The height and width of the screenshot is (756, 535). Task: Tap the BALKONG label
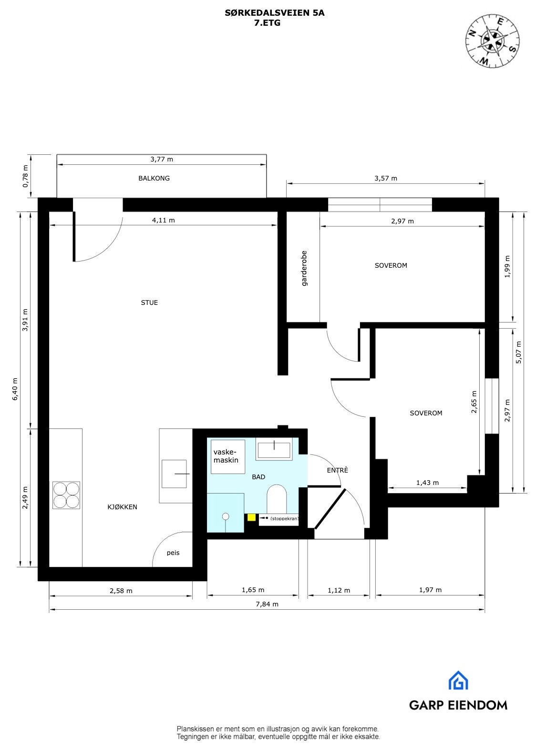pyautogui.click(x=154, y=178)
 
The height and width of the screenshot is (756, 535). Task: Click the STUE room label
pyautogui.click(x=149, y=302)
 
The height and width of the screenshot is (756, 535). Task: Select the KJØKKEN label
pyautogui.click(x=122, y=507)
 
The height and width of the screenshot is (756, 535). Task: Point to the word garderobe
pyautogui.click(x=304, y=268)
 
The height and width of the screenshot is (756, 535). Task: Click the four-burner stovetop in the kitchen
pyautogui.click(x=66, y=495)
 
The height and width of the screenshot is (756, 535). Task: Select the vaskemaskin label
pyautogui.click(x=226, y=456)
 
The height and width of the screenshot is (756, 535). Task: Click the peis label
pyautogui.click(x=173, y=553)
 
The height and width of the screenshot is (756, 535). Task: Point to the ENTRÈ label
pyautogui.click(x=338, y=470)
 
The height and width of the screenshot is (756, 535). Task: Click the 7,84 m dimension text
pyautogui.click(x=267, y=604)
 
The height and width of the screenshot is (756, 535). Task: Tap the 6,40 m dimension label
pyautogui.click(x=15, y=389)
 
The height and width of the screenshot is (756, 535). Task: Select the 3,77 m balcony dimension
pyautogui.click(x=162, y=159)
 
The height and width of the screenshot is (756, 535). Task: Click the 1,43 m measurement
pyautogui.click(x=427, y=483)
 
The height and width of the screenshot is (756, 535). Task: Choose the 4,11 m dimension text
pyautogui.click(x=163, y=220)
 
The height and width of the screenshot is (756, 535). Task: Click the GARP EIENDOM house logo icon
pyautogui.click(x=458, y=681)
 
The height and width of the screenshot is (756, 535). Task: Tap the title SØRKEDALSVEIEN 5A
pyautogui.click(x=274, y=13)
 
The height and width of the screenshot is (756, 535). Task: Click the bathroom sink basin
pyautogui.click(x=274, y=450)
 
